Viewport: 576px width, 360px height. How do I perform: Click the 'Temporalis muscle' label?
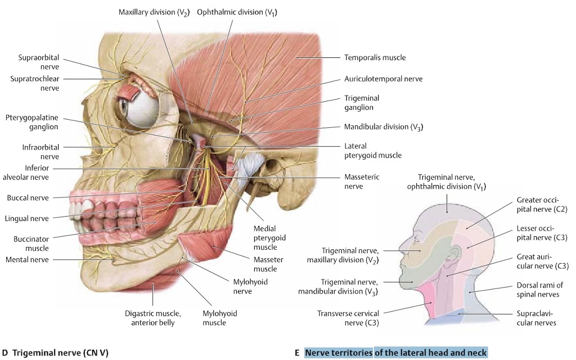(x=375, y=57)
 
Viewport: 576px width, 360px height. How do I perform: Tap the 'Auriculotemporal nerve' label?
(x=383, y=79)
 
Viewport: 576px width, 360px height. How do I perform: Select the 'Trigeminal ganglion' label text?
(x=359, y=102)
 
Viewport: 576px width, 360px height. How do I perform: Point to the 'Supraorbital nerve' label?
(x=39, y=62)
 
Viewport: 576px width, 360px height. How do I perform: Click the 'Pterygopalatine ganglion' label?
(x=32, y=122)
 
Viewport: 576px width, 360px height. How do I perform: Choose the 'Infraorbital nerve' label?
(x=38, y=152)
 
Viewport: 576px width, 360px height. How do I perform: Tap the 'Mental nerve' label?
(x=27, y=259)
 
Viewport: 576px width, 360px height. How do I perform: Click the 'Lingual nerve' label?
(x=27, y=218)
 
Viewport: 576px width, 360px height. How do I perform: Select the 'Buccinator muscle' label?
(x=31, y=244)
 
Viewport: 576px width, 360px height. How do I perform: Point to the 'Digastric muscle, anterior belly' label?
(x=152, y=318)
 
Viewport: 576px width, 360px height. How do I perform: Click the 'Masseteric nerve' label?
(x=362, y=181)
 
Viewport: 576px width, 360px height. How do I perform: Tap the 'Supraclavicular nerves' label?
(x=536, y=318)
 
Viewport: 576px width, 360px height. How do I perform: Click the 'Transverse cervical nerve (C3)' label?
(x=348, y=318)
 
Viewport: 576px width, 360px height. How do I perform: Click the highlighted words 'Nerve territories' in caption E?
(x=339, y=353)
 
